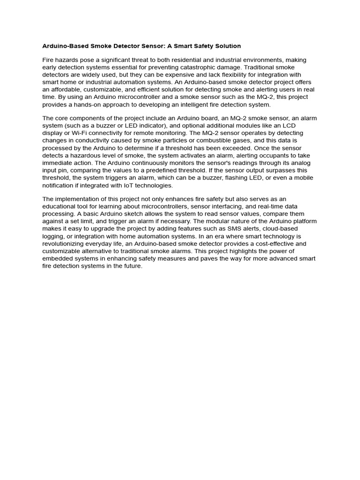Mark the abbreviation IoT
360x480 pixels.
(115, 186)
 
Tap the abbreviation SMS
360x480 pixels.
(214, 229)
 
